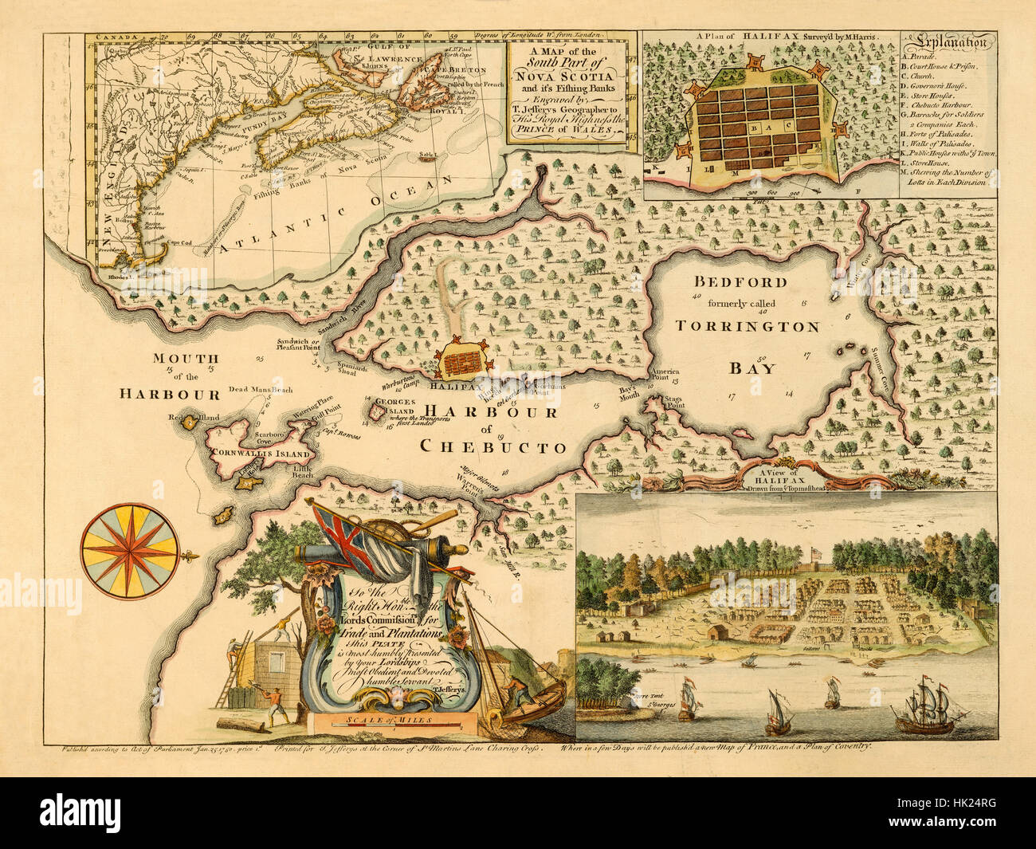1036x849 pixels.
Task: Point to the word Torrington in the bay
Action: pos(747,326)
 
